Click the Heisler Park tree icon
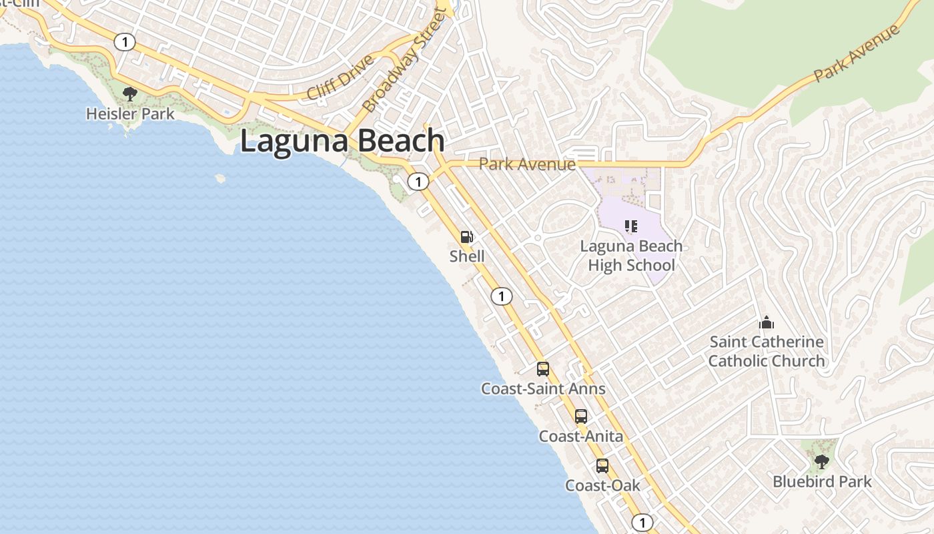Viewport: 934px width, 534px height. point(130,93)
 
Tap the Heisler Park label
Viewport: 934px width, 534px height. point(130,114)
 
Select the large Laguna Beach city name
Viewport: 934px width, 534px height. point(342,141)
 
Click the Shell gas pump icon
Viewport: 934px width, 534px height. point(467,237)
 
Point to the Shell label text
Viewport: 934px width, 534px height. point(467,256)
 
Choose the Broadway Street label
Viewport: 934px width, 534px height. point(402,61)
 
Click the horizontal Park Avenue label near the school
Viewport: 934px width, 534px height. point(527,164)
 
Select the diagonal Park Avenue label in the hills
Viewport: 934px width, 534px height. point(857,53)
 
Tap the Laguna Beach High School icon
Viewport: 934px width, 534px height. point(631,226)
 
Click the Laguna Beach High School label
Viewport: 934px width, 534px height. point(631,256)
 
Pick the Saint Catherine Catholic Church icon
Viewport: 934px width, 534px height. point(767,323)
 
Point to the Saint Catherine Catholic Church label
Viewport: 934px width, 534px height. point(767,351)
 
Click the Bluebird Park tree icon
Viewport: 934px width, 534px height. point(822,461)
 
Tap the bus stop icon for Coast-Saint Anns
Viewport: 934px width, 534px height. point(543,368)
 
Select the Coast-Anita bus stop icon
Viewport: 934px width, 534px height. point(581,417)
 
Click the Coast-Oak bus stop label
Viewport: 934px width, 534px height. point(602,485)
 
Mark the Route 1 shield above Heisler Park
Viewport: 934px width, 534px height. point(124,42)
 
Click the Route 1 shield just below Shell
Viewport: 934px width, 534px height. point(502,296)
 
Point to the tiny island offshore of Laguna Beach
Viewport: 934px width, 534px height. point(220,178)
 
